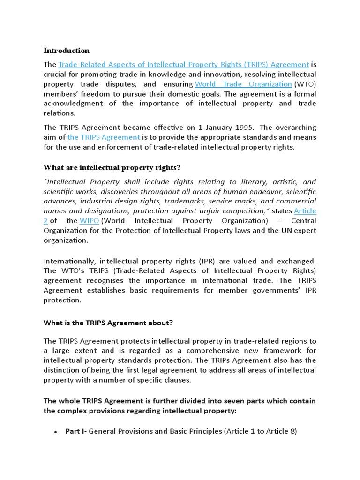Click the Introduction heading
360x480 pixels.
(66, 51)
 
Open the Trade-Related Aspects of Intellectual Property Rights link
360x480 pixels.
(183, 65)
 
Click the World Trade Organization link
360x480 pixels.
(243, 84)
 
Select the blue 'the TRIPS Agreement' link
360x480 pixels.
(104, 137)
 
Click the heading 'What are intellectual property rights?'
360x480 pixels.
(112, 168)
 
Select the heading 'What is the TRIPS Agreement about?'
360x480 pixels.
(108, 322)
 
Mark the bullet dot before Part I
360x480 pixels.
(56, 432)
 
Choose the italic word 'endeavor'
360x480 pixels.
(262, 191)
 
